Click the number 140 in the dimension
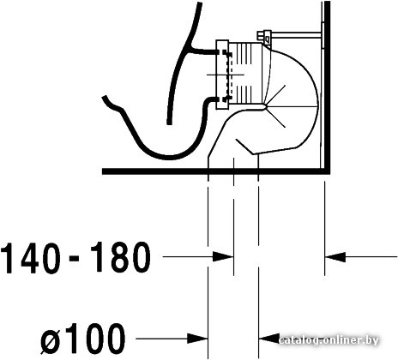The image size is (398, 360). click(x=30, y=258)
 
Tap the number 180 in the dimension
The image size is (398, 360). click(x=119, y=258)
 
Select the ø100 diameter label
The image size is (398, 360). click(x=82, y=339)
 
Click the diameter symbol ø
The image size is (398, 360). click(x=51, y=341)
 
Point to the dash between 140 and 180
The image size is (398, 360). click(x=75, y=258)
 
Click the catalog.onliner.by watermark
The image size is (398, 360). click(x=329, y=340)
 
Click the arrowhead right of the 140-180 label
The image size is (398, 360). click(x=223, y=256)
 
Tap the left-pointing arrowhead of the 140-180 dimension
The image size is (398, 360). click(x=335, y=256)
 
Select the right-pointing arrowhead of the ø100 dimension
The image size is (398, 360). click(x=197, y=339)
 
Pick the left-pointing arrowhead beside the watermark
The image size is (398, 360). click(x=268, y=339)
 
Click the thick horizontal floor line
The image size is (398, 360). click(x=216, y=171)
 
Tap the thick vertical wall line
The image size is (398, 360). click(x=327, y=86)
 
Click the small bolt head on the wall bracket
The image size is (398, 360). click(x=260, y=35)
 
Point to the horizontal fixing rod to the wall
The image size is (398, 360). click(x=296, y=35)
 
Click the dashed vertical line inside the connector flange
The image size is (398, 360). click(x=231, y=75)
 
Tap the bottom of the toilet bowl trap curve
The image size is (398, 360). click(x=169, y=157)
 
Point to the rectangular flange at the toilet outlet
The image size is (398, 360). click(x=222, y=75)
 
